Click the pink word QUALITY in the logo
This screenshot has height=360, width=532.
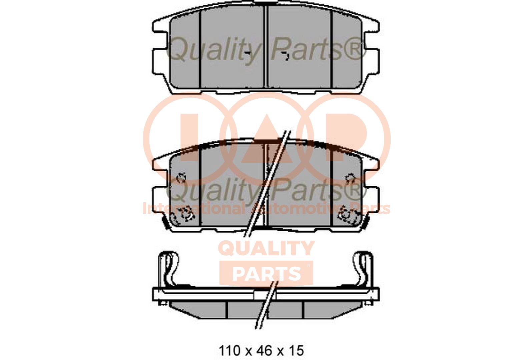[x=266, y=249]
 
